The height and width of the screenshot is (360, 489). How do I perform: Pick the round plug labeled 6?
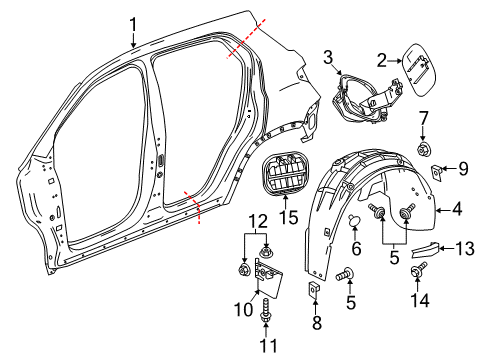coord(355,223)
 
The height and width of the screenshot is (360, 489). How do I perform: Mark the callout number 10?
coord(243,309)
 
